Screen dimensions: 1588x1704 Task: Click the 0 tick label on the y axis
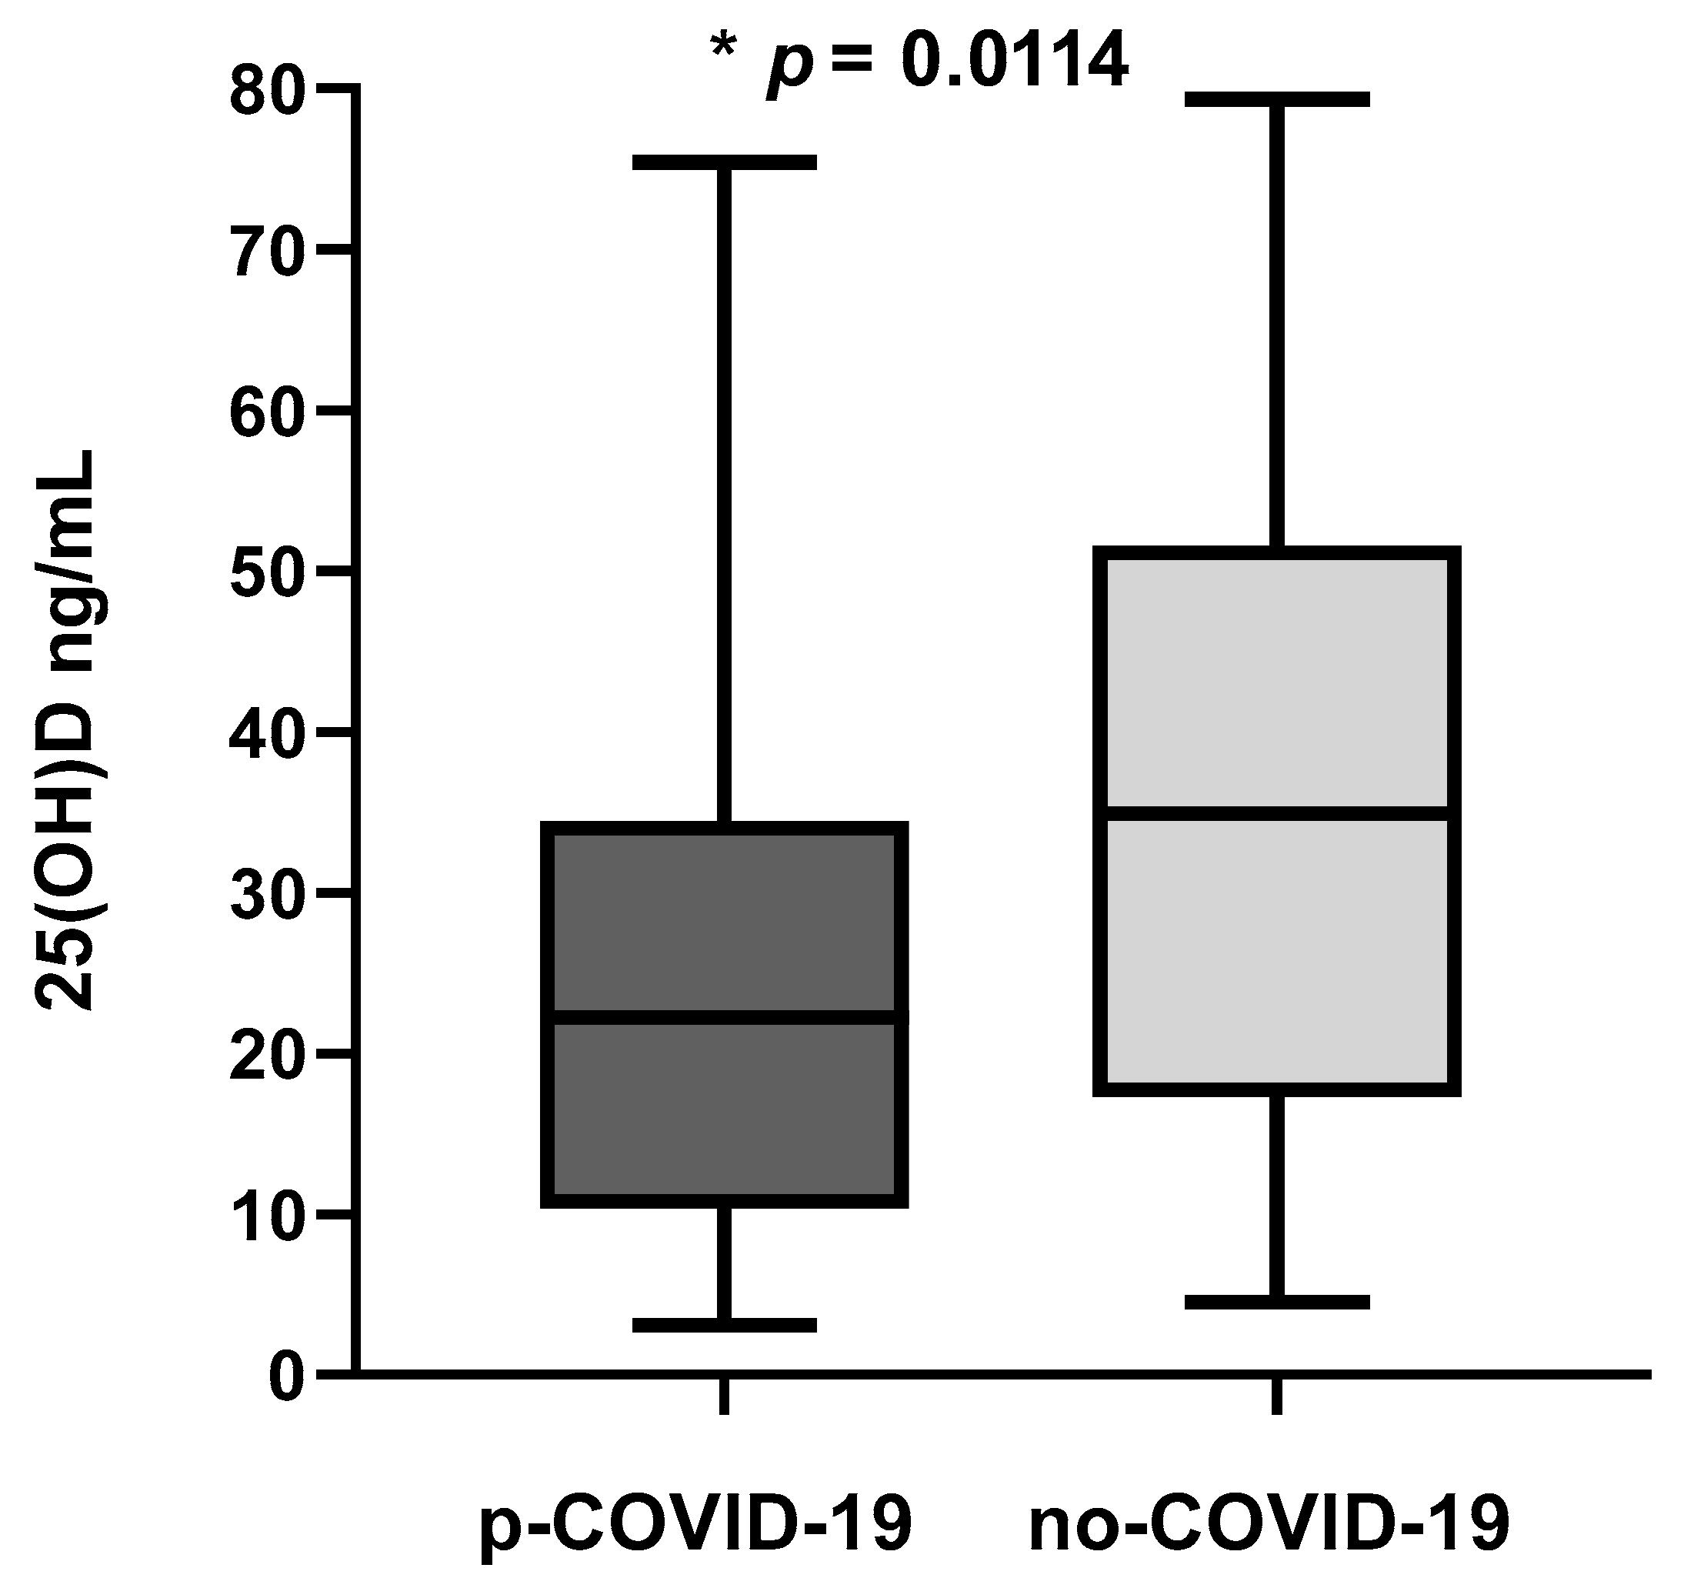[x=286, y=1379]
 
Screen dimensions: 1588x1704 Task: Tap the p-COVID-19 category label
[x=696, y=1523]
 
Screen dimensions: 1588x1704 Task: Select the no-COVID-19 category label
[x=1269, y=1523]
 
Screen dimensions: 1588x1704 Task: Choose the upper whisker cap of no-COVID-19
[x=1277, y=98]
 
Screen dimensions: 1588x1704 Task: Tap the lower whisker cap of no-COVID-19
[x=1277, y=1303]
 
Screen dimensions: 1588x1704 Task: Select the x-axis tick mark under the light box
[x=1277, y=1396]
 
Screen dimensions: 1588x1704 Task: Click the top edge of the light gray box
[x=1282, y=552]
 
